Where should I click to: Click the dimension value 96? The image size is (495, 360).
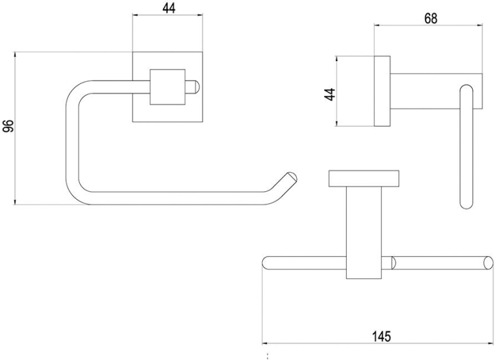click(x=8, y=128)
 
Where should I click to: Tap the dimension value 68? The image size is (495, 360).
click(x=430, y=18)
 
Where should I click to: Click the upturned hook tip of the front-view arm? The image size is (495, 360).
click(x=290, y=176)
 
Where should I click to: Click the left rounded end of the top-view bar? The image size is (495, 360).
click(x=266, y=263)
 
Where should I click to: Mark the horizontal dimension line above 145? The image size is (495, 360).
click(x=377, y=344)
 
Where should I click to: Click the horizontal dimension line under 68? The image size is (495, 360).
click(x=429, y=25)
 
